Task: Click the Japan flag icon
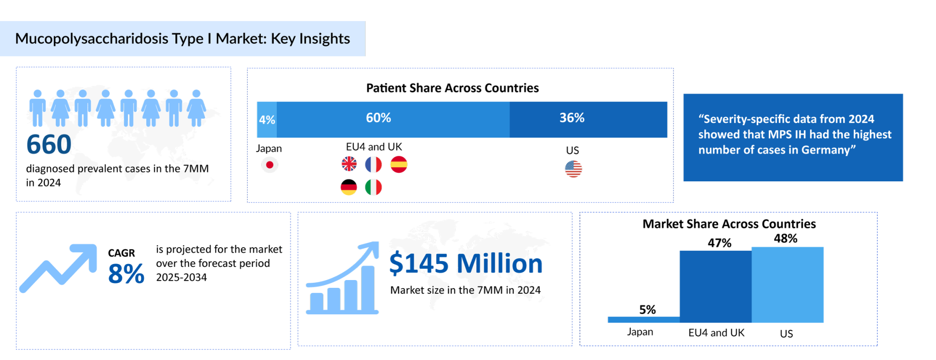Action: click(270, 165)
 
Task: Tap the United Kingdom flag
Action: click(349, 164)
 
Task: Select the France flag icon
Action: click(373, 164)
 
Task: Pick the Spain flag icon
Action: click(399, 164)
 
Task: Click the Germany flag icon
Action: click(349, 187)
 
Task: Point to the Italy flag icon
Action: click(373, 187)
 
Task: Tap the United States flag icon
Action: click(573, 169)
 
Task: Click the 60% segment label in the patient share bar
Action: click(378, 118)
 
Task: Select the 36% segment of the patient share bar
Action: click(588, 120)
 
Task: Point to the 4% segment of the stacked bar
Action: click(267, 120)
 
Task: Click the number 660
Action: click(49, 144)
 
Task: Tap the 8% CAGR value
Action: click(126, 274)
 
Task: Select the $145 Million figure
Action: click(466, 264)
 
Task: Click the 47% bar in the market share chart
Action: click(715, 286)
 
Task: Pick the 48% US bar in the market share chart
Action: click(787, 285)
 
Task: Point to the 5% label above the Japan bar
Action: click(647, 310)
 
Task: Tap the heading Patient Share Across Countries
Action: click(452, 88)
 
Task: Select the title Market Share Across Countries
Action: click(729, 224)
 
